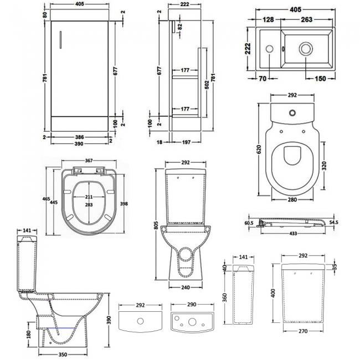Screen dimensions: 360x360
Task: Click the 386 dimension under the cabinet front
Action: tap(81, 136)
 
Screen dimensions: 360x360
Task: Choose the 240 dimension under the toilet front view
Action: tap(186, 288)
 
